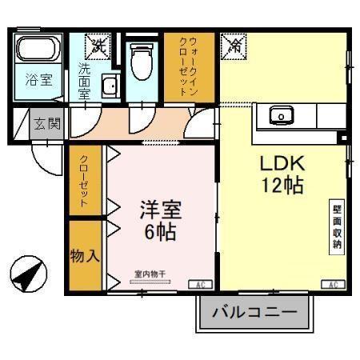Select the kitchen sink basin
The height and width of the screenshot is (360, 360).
pyautogui.click(x=281, y=117)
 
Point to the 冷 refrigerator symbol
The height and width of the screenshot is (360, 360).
pyautogui.click(x=234, y=45)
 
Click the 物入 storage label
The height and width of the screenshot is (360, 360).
pyautogui.click(x=85, y=256)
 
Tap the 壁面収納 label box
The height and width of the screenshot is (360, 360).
pyautogui.click(x=338, y=229)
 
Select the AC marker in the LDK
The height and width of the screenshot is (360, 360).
pyautogui.click(x=331, y=284)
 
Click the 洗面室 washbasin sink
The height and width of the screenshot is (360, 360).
pyautogui.click(x=110, y=86)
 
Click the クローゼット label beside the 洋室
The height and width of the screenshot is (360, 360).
pyautogui.click(x=84, y=182)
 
